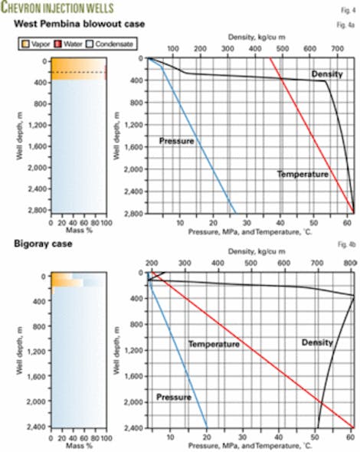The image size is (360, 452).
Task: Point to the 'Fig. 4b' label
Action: (345, 244)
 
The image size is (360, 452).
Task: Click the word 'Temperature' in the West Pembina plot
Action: (303, 175)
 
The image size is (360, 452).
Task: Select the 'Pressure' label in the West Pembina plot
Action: (176, 140)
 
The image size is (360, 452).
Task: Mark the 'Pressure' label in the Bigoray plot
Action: (172, 398)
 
